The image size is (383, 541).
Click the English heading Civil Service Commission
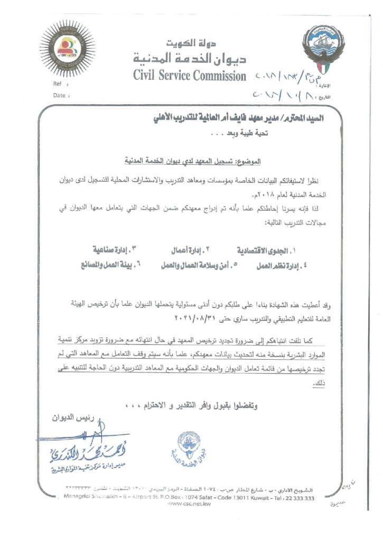[190, 76]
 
